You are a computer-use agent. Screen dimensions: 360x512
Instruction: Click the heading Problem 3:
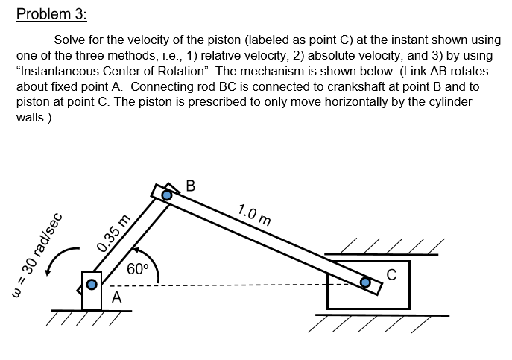tap(51, 14)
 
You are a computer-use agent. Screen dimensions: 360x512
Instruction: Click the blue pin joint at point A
tap(92, 284)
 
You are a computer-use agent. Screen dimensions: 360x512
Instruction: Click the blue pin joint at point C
tap(365, 282)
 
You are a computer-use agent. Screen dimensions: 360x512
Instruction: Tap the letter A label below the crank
tap(116, 297)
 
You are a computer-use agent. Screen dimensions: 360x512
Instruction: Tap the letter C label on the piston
tap(391, 275)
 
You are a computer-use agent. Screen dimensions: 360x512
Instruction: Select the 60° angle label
tap(138, 269)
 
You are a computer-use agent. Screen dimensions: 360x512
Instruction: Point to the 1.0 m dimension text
tap(254, 214)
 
